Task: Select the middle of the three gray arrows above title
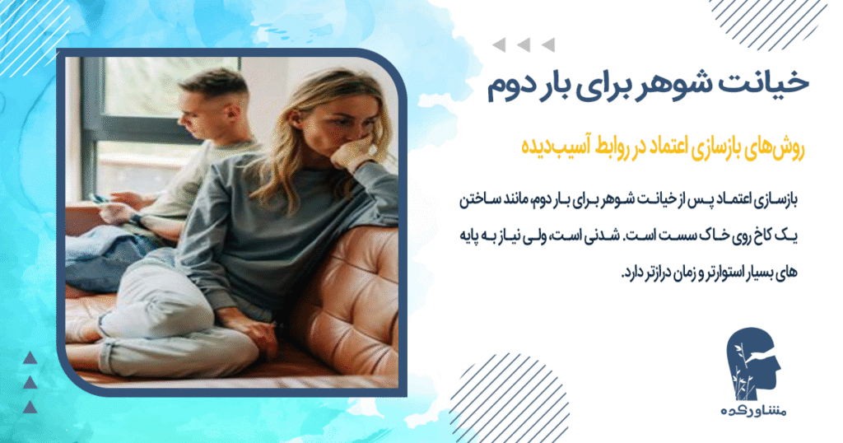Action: [522, 44]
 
